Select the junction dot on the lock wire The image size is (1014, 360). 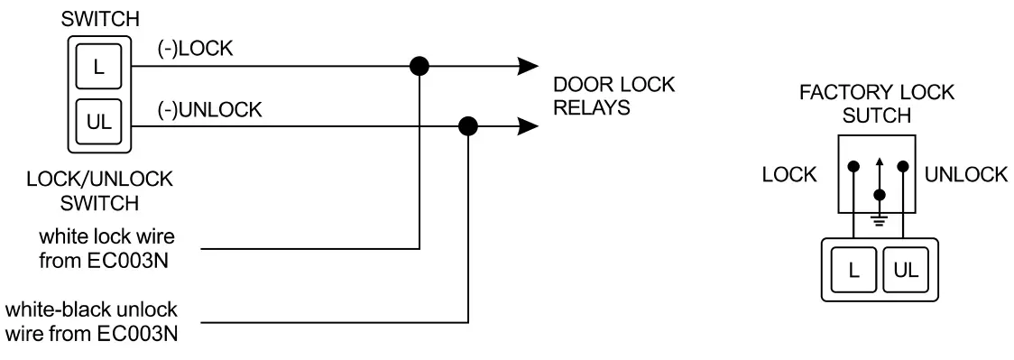[x=419, y=66]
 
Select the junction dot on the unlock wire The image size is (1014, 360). [x=468, y=127]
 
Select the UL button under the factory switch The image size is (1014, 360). [x=904, y=268]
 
